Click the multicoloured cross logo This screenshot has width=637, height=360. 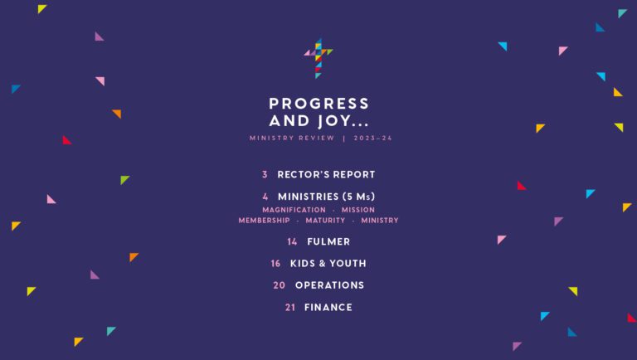tap(318, 58)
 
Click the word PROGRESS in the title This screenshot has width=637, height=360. tap(318, 104)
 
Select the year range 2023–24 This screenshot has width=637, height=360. tap(372, 139)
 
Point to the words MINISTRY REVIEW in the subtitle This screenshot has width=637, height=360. tap(292, 139)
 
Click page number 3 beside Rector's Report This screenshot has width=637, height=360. tap(265, 174)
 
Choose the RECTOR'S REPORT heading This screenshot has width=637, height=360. tap(326, 174)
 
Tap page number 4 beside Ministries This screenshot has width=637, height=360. tap(265, 197)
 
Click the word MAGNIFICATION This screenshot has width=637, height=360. tap(294, 210)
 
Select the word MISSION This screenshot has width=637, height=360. tap(358, 210)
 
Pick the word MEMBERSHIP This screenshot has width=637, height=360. tap(264, 221)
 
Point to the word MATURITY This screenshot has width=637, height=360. tap(325, 221)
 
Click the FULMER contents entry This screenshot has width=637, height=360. tap(328, 241)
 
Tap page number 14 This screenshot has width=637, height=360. tap(292, 241)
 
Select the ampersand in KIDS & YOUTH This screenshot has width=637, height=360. tap(322, 263)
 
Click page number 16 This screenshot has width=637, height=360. tap(275, 263)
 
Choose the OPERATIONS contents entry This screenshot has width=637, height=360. tap(329, 285)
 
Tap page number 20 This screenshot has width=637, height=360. tap(279, 285)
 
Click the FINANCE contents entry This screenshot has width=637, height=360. tap(328, 308)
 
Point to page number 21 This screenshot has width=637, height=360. tap(290, 308)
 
